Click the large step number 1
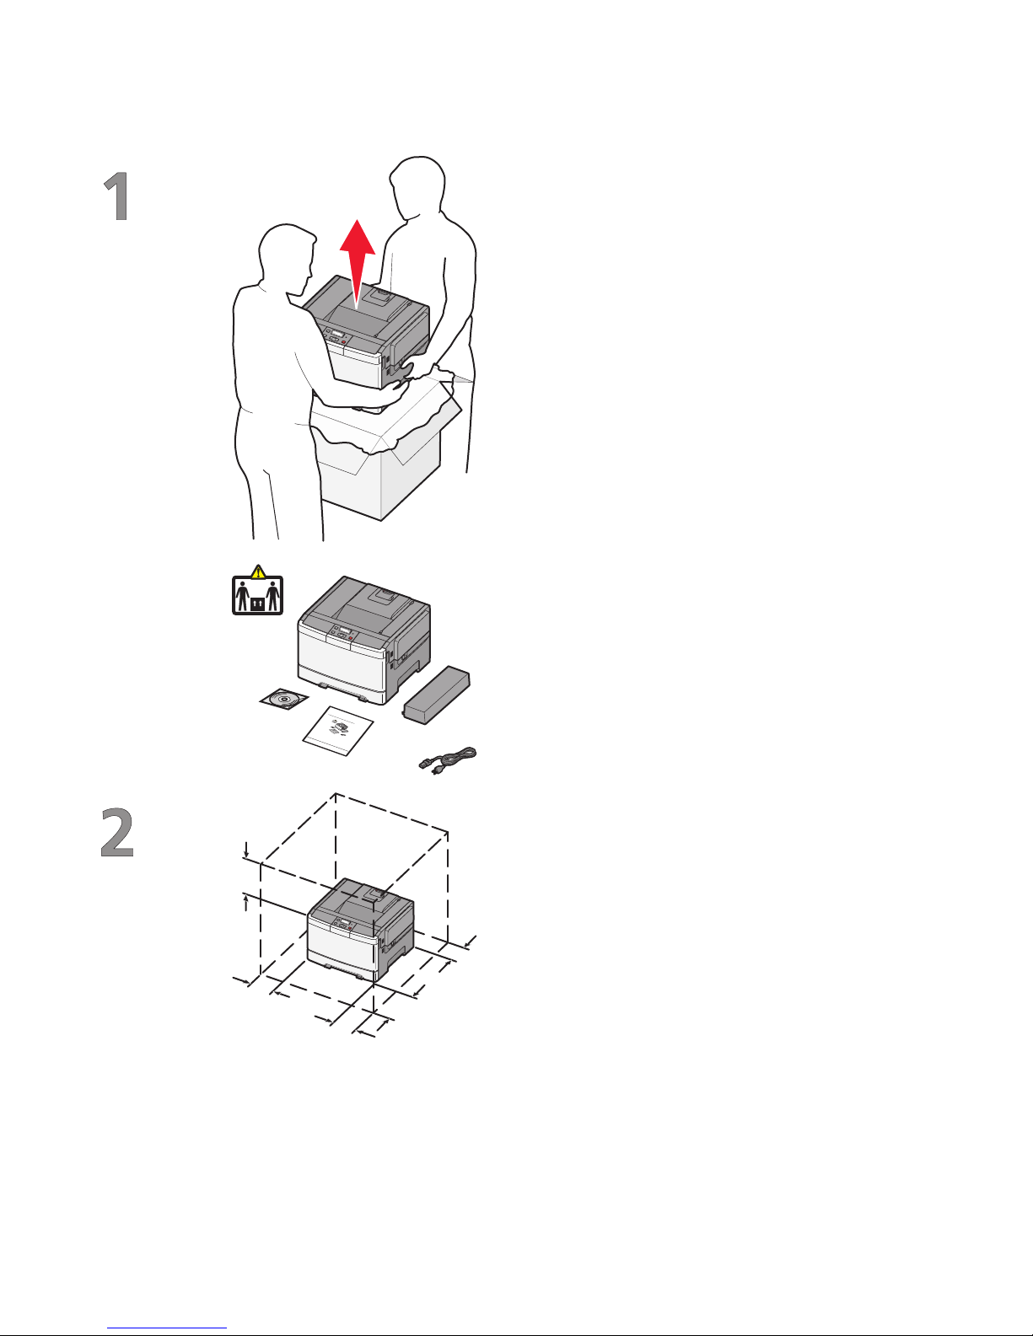click(x=117, y=196)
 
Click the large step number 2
click(x=117, y=833)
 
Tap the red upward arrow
click(x=358, y=263)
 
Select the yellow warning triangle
click(x=259, y=571)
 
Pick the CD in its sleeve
click(x=283, y=699)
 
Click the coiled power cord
click(x=449, y=759)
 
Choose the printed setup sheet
click(x=338, y=731)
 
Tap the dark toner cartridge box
click(x=437, y=694)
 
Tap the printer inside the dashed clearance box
click(x=361, y=929)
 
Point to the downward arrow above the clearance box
click(x=246, y=850)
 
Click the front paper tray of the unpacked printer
click(x=342, y=684)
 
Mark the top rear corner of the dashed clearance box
click(x=335, y=794)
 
